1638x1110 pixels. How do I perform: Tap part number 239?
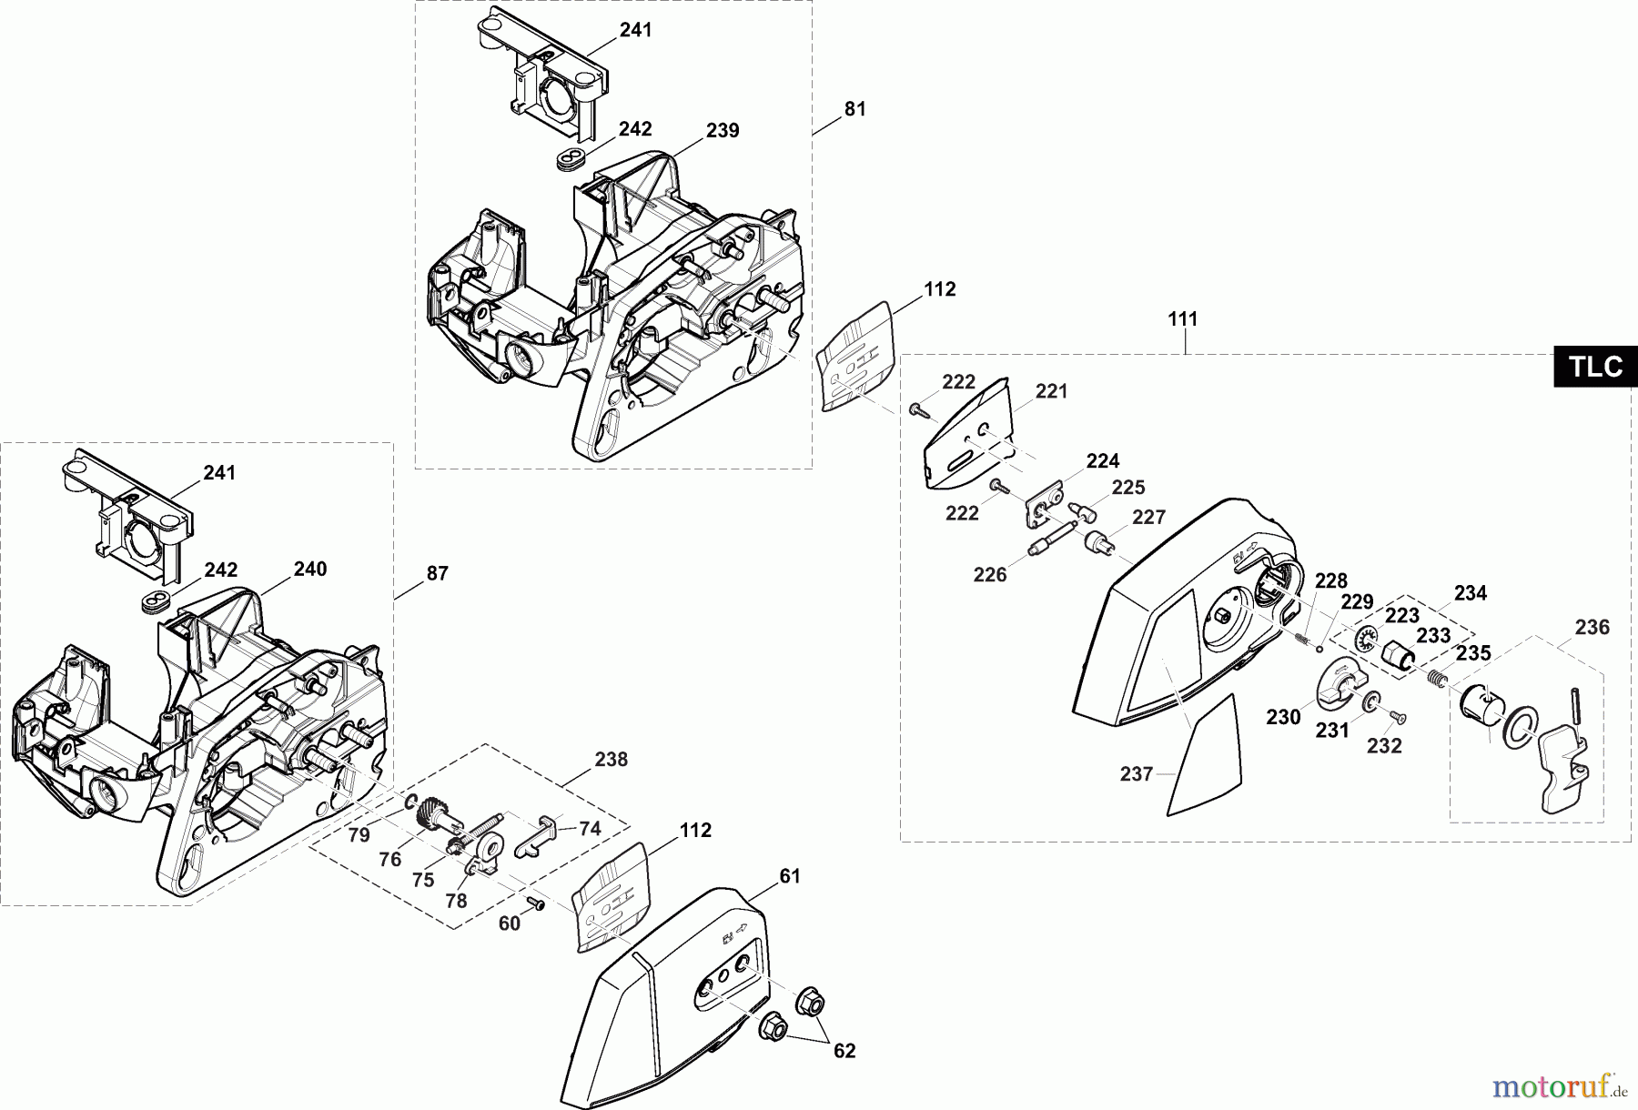(723, 131)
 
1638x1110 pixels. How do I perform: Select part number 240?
(309, 570)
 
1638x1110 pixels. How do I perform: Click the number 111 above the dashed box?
(1183, 319)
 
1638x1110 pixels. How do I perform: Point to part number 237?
(1137, 774)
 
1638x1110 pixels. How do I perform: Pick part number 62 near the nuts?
(844, 1051)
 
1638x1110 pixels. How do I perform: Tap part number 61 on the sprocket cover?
(789, 876)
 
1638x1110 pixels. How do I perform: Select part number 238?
(611, 759)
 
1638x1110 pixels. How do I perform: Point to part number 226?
(990, 574)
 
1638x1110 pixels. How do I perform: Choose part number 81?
(854, 109)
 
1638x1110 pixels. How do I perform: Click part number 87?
(438, 573)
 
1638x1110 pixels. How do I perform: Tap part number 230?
(1283, 717)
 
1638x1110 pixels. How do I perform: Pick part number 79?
(359, 835)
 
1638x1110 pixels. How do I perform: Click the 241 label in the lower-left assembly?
(219, 473)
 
